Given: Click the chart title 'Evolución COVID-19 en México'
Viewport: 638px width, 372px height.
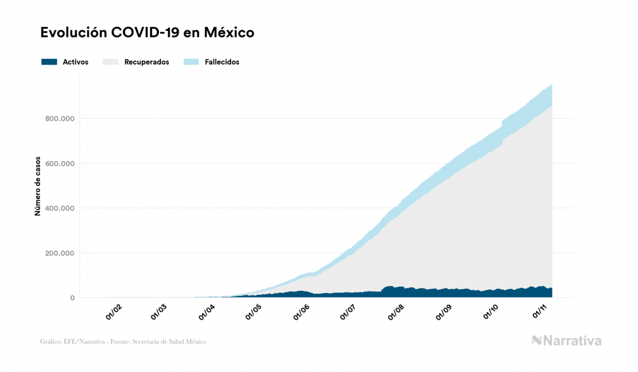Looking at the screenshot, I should [147, 33].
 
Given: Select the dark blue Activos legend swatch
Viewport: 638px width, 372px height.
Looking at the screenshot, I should [49, 62].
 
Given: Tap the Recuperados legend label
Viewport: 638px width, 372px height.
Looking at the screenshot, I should [147, 62].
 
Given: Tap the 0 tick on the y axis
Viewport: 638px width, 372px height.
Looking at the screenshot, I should [72, 299].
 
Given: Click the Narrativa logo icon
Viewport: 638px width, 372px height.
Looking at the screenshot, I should [537, 341].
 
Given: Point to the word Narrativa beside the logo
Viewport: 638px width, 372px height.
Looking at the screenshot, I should [572, 341].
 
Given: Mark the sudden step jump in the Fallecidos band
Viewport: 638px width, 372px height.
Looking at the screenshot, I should [502, 125].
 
